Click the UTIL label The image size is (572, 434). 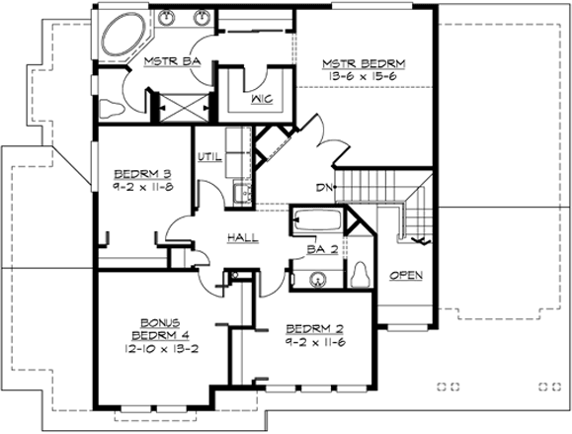point(208,156)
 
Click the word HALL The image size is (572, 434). point(243,238)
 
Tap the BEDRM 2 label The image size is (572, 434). point(315,328)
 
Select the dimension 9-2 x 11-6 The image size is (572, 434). point(315,342)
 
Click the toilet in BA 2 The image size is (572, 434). point(361,274)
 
